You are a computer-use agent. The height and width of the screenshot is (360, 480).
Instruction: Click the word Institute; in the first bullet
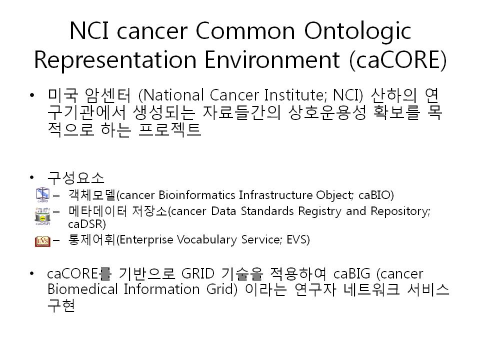tap(295, 95)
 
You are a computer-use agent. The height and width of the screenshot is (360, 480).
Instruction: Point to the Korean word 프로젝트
tap(169, 129)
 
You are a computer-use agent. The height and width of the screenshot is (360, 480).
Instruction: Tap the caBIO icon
tap(42, 195)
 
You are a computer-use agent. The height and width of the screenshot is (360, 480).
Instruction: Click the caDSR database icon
tap(42, 216)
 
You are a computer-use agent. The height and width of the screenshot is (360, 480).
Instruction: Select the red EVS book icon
tap(42, 241)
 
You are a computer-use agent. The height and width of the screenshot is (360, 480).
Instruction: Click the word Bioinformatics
tap(197, 195)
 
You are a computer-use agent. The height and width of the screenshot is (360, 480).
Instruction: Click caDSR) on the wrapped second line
tap(87, 224)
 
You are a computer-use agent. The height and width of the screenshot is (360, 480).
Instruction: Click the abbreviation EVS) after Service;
tap(298, 239)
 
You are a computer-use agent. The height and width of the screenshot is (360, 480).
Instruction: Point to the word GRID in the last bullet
tap(198, 273)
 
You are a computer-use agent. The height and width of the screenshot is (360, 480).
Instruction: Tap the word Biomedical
tap(82, 289)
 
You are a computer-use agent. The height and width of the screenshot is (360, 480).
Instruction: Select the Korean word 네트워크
tap(371, 289)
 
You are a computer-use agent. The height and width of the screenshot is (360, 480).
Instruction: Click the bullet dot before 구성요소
tap(32, 177)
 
